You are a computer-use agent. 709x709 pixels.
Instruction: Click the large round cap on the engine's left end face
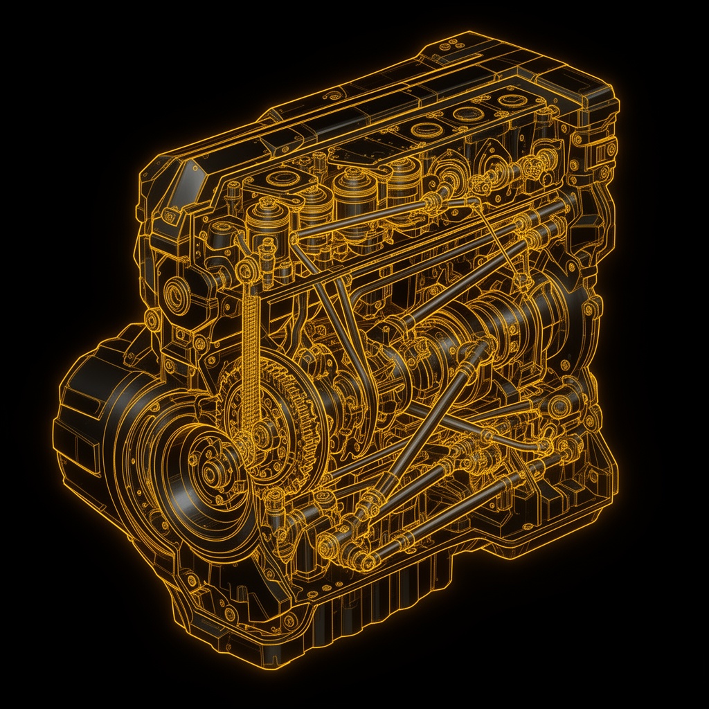point(177,294)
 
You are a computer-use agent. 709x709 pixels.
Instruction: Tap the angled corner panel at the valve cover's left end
point(177,173)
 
